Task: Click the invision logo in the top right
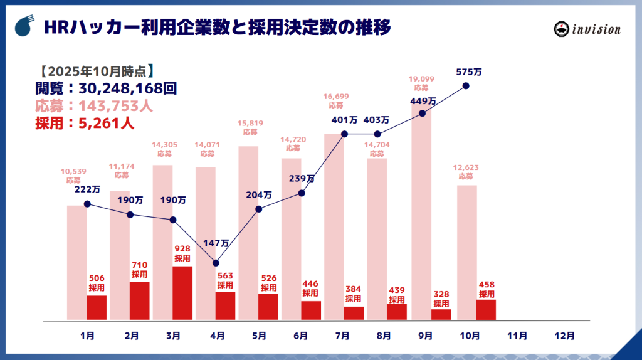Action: [587, 29]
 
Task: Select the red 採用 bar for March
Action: [182, 293]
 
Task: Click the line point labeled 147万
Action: [216, 263]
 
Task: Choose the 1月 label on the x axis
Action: [88, 336]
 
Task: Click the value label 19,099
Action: [421, 79]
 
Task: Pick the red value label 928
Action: [182, 249]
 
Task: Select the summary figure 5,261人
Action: [106, 123]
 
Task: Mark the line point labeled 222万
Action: [87, 204]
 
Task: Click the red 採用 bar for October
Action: [486, 309]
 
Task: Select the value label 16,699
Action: [336, 97]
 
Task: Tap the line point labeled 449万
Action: [422, 114]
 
